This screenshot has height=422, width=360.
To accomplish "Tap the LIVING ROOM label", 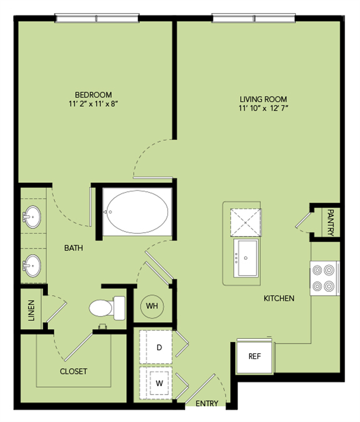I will [x=264, y=99].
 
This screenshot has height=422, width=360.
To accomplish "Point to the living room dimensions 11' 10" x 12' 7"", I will [x=264, y=108].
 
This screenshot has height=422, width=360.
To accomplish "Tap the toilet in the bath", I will [x=107, y=307].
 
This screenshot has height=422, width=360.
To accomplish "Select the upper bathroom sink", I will [x=32, y=216].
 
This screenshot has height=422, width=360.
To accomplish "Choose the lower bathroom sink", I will [x=32, y=266].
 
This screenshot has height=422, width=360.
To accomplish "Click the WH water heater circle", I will [x=152, y=304].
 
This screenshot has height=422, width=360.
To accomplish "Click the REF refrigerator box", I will [x=254, y=357].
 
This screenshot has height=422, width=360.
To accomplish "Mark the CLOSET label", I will [x=74, y=371].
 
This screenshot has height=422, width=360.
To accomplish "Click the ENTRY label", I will [x=207, y=404].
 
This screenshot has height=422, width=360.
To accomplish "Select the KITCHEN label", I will [x=279, y=298].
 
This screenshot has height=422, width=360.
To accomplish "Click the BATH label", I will [x=74, y=248].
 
